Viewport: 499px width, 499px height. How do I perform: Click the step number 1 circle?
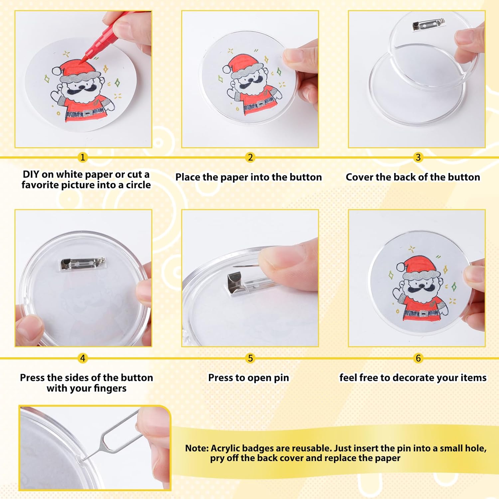click(83, 157)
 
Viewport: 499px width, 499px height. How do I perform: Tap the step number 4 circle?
click(83, 358)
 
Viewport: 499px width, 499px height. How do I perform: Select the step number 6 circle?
click(418, 358)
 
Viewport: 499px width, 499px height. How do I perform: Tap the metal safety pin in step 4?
click(83, 264)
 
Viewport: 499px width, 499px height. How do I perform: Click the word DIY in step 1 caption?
click(31, 174)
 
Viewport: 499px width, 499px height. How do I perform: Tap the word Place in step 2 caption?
click(188, 177)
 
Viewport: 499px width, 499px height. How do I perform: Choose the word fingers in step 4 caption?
click(110, 388)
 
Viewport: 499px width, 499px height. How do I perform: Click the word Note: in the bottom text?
click(197, 448)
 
